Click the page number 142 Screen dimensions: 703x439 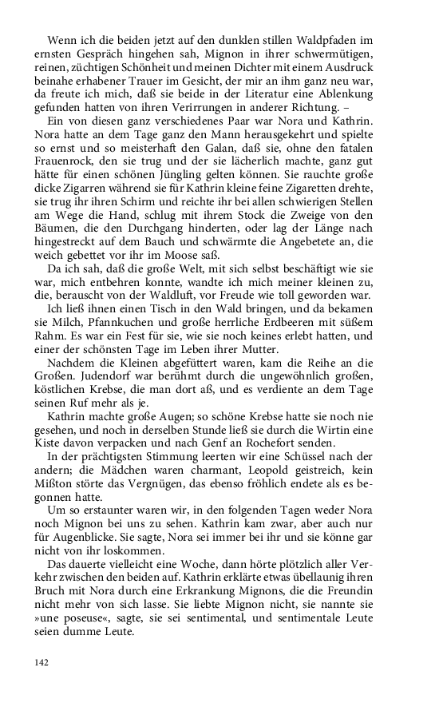42,662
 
